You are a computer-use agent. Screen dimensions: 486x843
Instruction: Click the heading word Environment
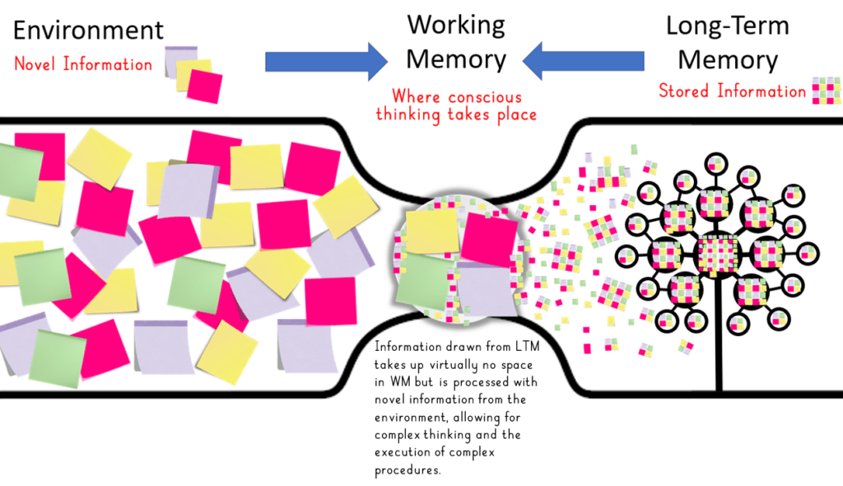tap(89, 31)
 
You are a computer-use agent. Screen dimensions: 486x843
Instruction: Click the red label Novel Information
tap(83, 64)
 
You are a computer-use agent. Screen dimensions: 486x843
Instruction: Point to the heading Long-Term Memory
tap(727, 43)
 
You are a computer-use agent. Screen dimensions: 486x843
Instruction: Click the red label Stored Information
tap(732, 91)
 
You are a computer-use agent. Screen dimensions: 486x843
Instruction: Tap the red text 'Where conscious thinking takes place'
tap(456, 105)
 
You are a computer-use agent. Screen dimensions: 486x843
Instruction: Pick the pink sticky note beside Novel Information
tap(204, 86)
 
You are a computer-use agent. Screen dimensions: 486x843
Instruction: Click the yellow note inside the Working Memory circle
tap(432, 231)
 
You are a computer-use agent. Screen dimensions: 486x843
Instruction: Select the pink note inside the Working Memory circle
tap(489, 239)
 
